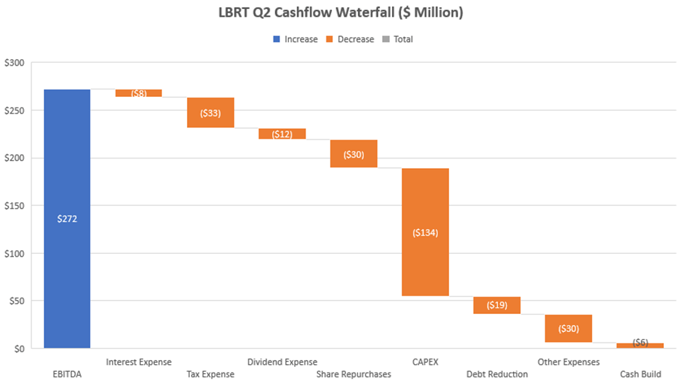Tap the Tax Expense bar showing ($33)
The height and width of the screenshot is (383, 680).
(211, 112)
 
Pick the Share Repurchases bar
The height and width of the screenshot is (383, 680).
(354, 154)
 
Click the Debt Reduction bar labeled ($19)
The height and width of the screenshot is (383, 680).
(497, 305)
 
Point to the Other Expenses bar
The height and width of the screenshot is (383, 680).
(568, 329)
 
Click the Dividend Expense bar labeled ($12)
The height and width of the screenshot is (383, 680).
(282, 134)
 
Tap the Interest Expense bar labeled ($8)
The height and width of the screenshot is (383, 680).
(139, 93)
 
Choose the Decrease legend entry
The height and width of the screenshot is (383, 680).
(350, 39)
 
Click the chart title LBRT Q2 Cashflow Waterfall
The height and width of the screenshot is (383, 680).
(340, 13)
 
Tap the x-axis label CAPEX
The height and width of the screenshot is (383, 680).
(425, 362)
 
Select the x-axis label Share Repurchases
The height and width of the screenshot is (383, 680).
(354, 374)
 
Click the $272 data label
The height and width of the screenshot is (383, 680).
(67, 218)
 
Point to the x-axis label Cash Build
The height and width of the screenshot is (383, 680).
(640, 374)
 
